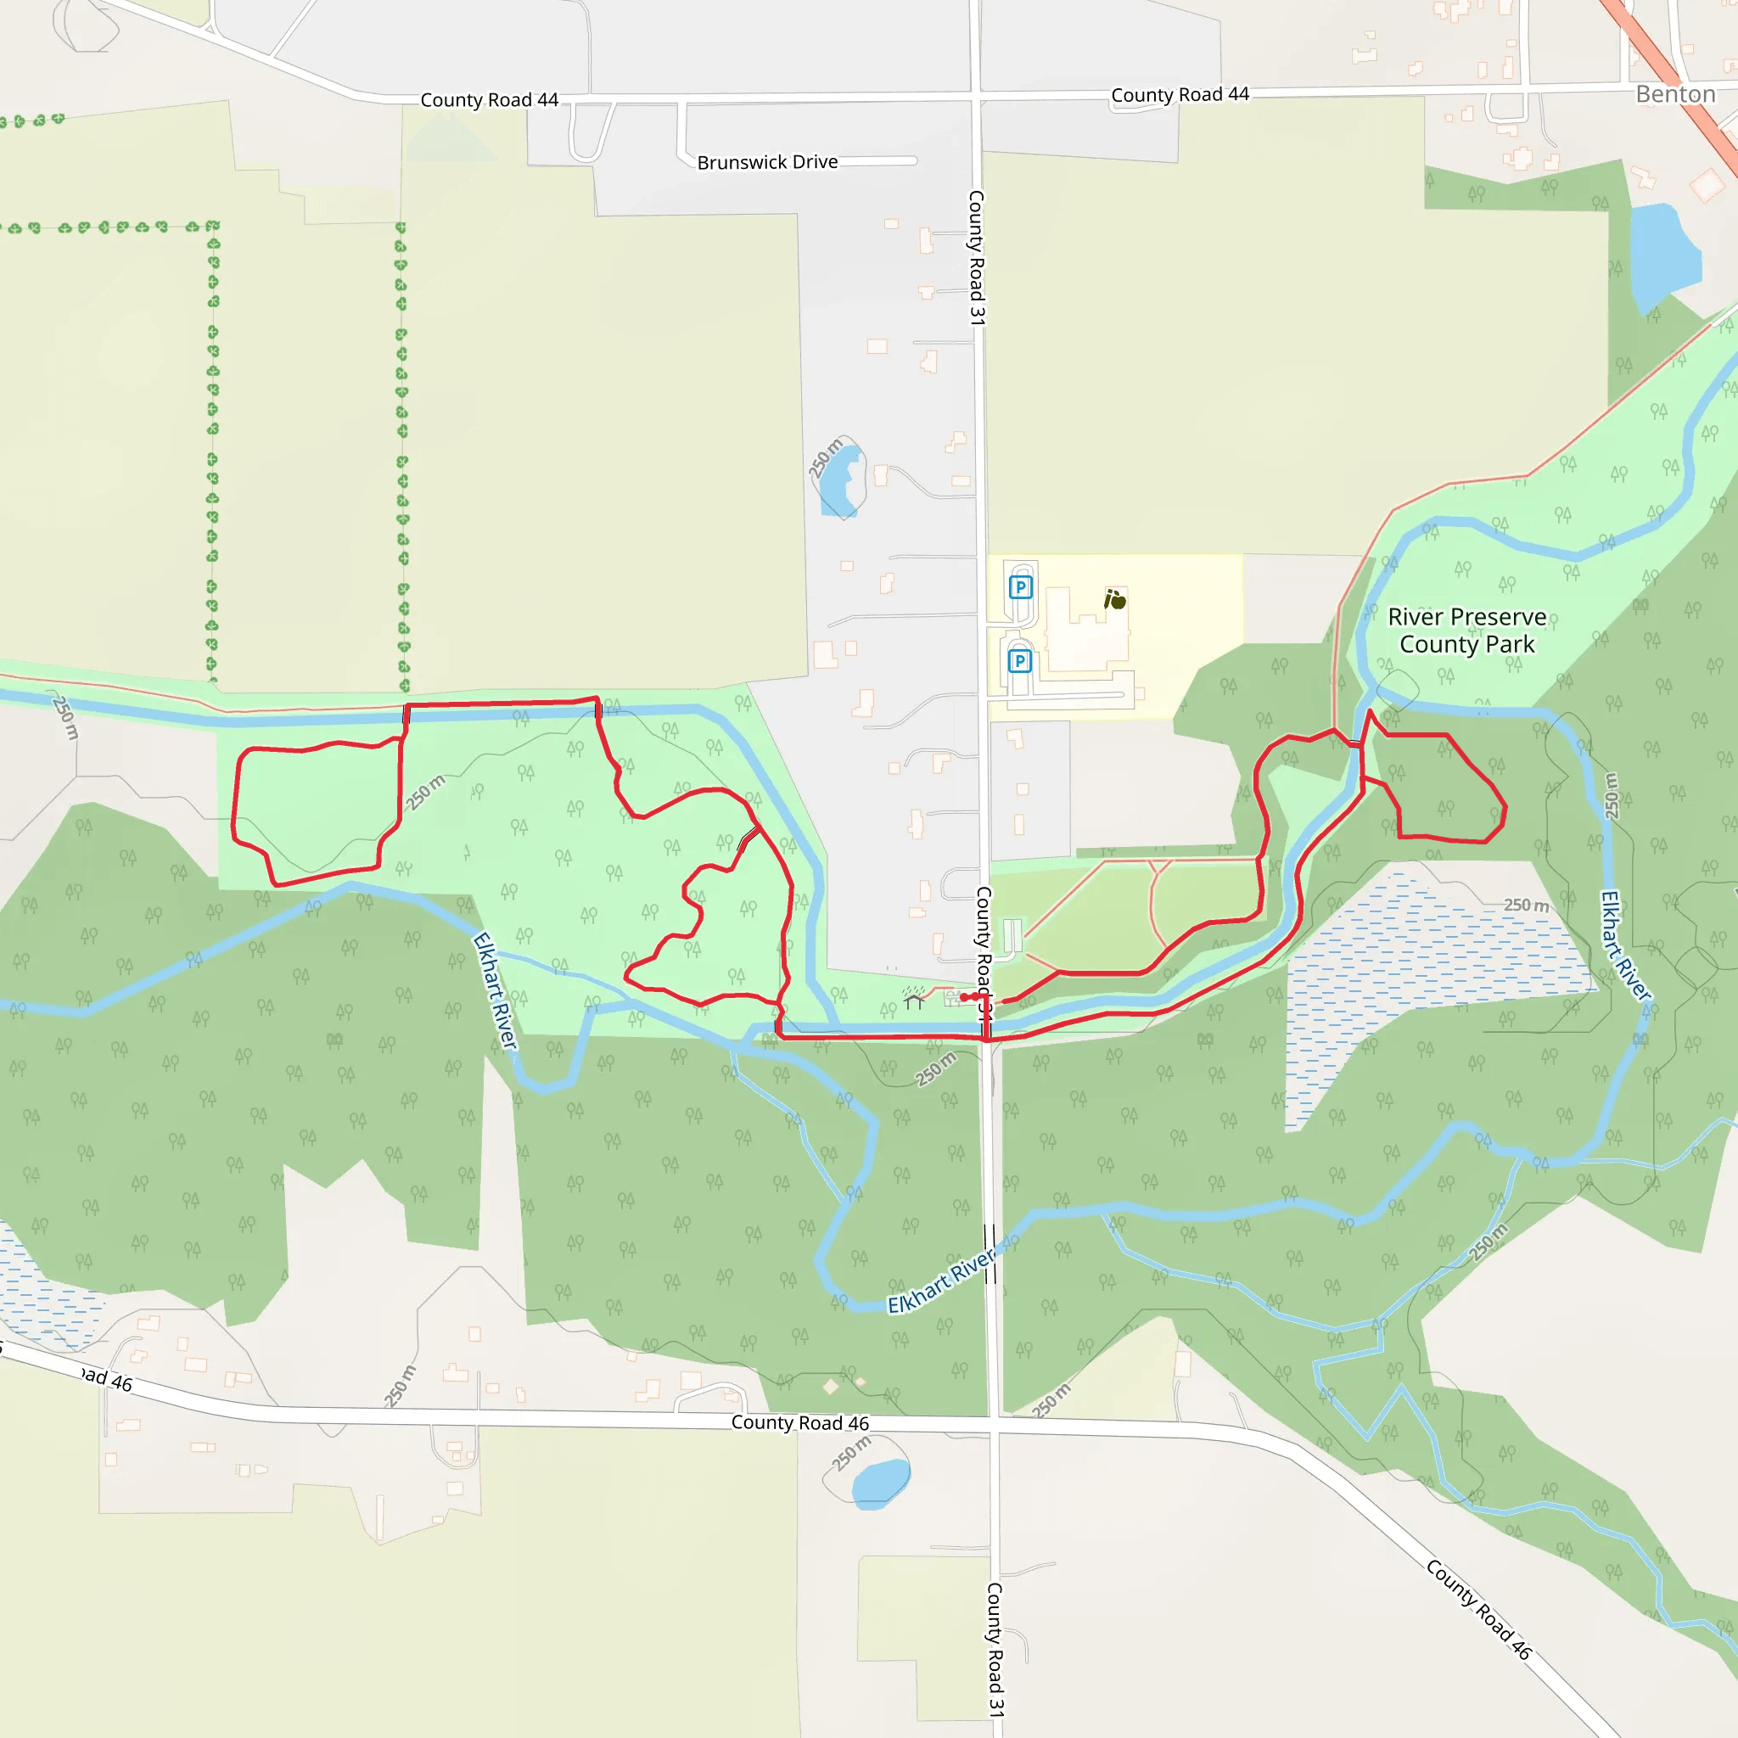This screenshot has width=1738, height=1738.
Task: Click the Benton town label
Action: [x=1675, y=94]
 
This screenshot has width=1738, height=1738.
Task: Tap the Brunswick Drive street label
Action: [x=767, y=162]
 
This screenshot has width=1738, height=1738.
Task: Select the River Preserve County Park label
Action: [x=1466, y=631]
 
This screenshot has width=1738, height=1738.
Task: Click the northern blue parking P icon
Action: [x=1020, y=588]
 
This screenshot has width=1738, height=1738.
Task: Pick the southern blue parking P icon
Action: [x=1019, y=662]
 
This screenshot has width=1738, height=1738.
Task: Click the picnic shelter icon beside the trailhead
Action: [x=914, y=1001]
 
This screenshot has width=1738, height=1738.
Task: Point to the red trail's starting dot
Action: [x=964, y=998]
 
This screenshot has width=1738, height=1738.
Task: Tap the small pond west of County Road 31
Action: [x=841, y=481]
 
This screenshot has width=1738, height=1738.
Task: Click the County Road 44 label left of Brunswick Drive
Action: [x=490, y=100]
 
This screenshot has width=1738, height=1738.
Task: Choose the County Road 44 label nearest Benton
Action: [x=1180, y=94]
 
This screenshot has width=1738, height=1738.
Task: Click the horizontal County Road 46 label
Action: [x=799, y=1422]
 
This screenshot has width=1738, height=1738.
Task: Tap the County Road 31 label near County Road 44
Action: [x=977, y=257]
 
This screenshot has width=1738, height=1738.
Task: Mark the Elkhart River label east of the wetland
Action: [x=1624, y=945]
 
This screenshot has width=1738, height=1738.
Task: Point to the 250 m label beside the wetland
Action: [x=1526, y=905]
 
